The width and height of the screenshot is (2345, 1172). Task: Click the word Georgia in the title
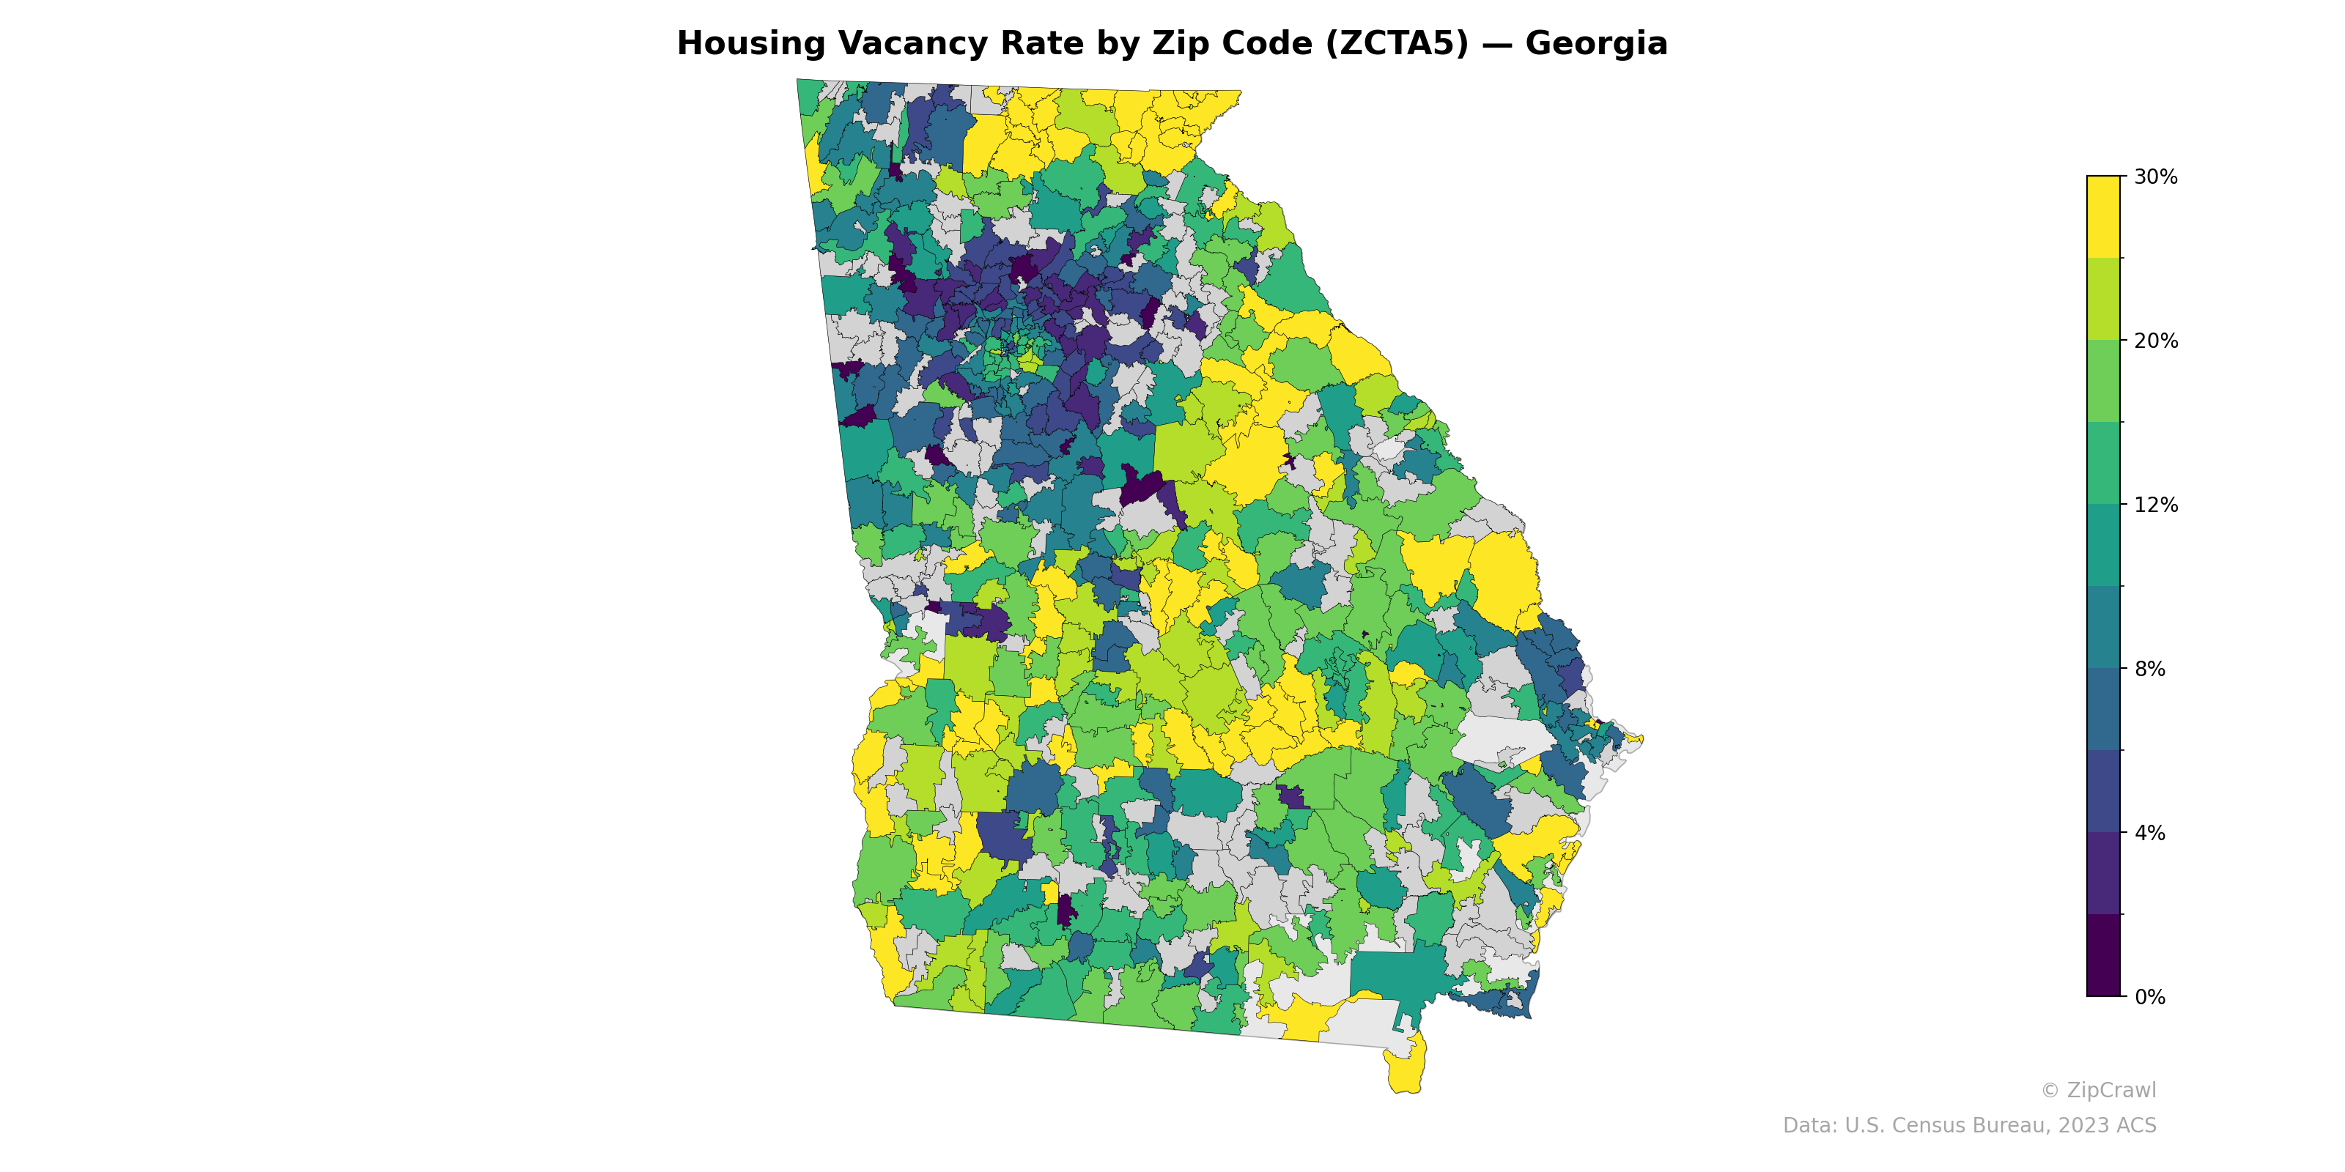pyautogui.click(x=1596, y=44)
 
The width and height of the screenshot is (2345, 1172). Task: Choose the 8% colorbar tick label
pyautogui.click(x=2149, y=669)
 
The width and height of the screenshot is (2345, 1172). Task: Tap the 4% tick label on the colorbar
pyautogui.click(x=2149, y=833)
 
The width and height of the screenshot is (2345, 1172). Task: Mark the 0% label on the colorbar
pyautogui.click(x=2149, y=997)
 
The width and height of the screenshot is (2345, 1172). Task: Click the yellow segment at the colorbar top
pyautogui.click(x=2103, y=217)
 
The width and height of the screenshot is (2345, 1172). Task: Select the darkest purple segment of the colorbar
pyautogui.click(x=2103, y=955)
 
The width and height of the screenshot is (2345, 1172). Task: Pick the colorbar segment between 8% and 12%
pyautogui.click(x=2103, y=587)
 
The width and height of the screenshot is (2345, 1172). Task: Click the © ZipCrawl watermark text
pyautogui.click(x=2097, y=1090)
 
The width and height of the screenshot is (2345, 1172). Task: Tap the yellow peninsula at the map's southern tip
pyautogui.click(x=1406, y=1069)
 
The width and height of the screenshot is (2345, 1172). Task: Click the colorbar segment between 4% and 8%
pyautogui.click(x=2103, y=751)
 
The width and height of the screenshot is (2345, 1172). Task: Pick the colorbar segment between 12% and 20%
pyautogui.click(x=2103, y=423)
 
